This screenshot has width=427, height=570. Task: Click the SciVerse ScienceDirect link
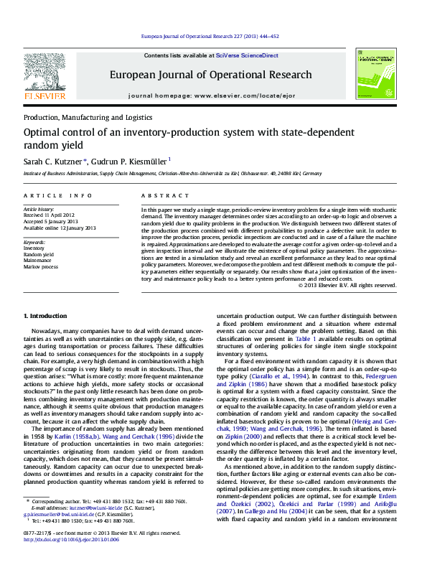pos(250,55)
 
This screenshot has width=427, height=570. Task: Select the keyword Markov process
pos(41,266)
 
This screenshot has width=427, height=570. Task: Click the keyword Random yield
pos(39,254)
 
